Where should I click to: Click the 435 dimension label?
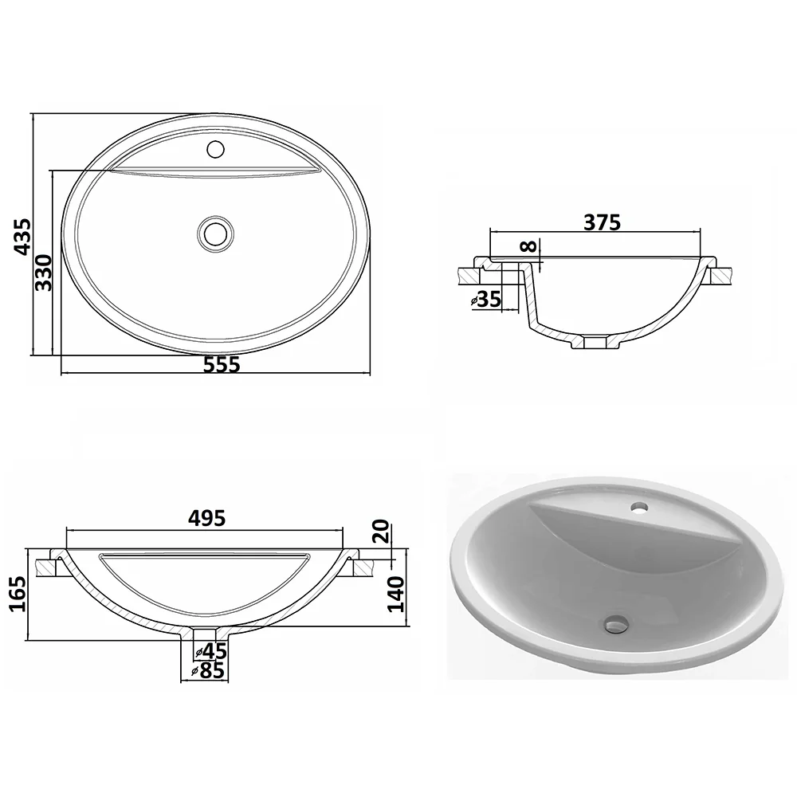(22, 237)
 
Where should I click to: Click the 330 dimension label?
(44, 273)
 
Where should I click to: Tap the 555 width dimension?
(222, 364)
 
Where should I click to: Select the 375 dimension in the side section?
(603, 222)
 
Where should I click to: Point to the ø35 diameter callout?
(486, 300)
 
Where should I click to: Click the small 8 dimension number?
(528, 246)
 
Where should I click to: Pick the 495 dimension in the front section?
(207, 518)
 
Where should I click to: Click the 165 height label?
(18, 594)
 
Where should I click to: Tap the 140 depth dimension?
(395, 595)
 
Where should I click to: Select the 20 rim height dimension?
(381, 531)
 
